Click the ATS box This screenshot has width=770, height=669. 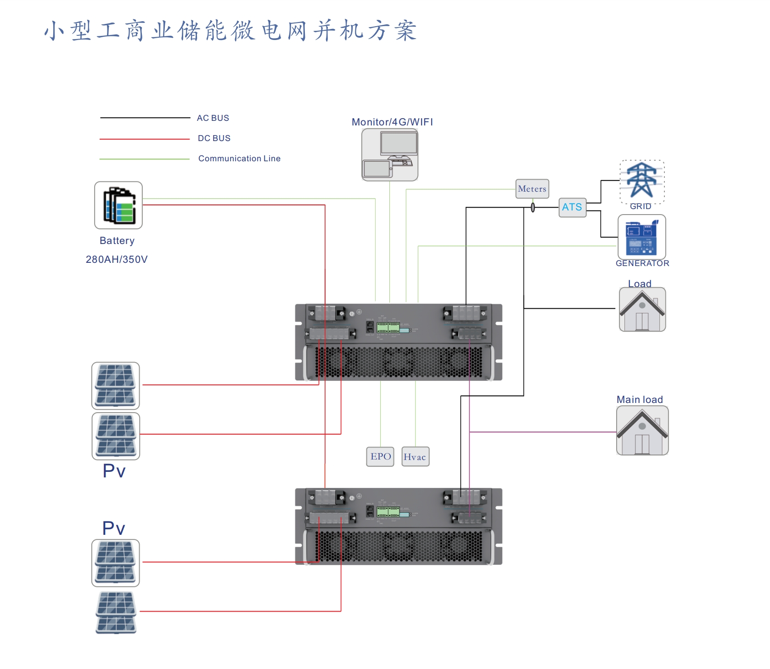572,207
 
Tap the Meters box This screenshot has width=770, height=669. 532,189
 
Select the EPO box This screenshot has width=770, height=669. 380,457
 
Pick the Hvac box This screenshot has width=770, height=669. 415,457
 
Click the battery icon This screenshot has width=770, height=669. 118,205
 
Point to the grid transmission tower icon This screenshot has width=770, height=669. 642,181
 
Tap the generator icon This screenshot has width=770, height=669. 641,237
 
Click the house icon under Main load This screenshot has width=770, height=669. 642,431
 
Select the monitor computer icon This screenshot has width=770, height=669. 390,155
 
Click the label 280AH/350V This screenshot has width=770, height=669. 117,260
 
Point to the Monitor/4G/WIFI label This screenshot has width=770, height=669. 392,122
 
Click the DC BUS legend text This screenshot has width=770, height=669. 214,138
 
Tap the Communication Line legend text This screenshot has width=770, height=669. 239,159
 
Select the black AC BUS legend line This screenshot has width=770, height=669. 145,118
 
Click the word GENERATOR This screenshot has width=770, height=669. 642,263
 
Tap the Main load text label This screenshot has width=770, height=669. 640,400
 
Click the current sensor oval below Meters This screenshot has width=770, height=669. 533,207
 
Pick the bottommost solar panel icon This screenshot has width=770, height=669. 116,612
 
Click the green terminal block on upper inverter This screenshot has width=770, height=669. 388,328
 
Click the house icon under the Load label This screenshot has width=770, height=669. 642,309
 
